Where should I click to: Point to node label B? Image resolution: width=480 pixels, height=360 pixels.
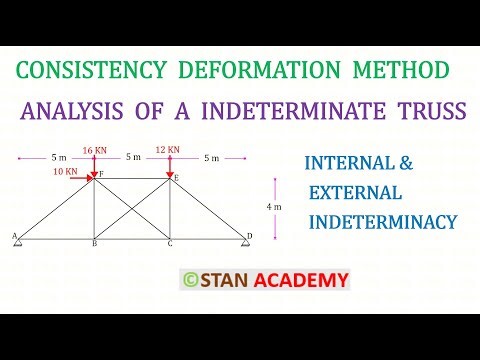(94, 244)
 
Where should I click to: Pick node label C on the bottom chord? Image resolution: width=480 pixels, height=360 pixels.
(169, 244)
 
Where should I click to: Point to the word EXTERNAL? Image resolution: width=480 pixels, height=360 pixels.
(355, 191)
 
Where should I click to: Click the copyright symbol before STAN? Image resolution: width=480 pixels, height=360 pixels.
(190, 280)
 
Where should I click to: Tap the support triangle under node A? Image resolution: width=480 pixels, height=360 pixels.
(19, 243)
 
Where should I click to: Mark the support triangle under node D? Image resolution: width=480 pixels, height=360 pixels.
(245, 244)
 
